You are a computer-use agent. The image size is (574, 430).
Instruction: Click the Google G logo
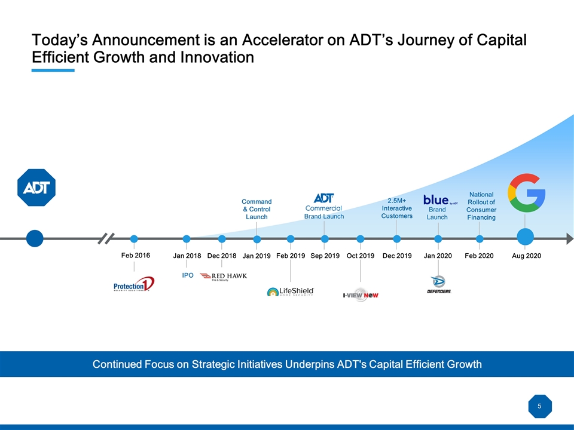526,192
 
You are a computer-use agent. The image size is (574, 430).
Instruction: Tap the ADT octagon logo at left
36,188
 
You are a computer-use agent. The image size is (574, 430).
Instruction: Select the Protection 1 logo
134,284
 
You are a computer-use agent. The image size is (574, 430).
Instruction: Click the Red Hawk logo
223,277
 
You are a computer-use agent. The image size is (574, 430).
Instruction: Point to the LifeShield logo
291,291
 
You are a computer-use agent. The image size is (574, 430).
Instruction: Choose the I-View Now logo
361,295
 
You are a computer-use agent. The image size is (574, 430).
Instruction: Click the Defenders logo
438,285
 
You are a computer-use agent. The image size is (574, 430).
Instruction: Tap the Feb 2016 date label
135,255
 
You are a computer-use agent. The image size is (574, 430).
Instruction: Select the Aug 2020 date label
526,256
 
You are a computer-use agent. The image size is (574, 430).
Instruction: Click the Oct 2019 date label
360,256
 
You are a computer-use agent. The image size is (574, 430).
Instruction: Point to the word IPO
188,275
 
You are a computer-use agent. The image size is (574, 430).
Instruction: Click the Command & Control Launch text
257,209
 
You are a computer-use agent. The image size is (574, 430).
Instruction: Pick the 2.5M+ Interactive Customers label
397,208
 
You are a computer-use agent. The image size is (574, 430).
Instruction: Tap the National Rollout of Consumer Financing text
481,206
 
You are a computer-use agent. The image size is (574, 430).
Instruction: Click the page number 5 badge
539,407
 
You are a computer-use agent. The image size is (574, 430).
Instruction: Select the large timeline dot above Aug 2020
526,238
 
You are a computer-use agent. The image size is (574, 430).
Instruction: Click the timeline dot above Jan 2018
187,239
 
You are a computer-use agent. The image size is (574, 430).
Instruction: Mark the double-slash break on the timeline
106,238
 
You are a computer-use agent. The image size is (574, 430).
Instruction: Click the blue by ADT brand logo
440,200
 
